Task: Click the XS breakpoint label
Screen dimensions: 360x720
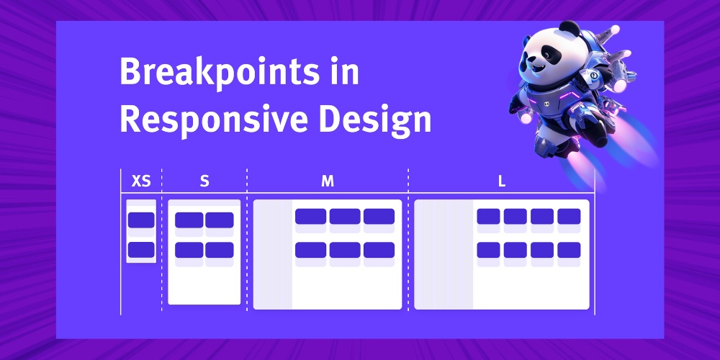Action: (x=142, y=181)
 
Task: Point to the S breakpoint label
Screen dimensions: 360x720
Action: (x=204, y=181)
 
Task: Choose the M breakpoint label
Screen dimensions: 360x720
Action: (x=328, y=181)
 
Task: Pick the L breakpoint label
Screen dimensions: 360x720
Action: (x=502, y=181)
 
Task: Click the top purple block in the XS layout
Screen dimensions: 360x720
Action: (x=141, y=220)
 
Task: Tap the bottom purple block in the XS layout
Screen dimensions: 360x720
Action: (x=141, y=250)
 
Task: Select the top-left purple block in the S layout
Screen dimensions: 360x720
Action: (x=189, y=220)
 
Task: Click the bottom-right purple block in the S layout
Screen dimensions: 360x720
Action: (x=220, y=250)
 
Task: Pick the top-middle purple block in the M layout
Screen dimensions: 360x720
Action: (x=345, y=216)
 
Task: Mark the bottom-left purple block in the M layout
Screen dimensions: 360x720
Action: (x=310, y=250)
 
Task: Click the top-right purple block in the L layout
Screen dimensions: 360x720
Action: (x=569, y=216)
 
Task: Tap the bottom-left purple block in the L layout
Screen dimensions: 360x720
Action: (x=488, y=250)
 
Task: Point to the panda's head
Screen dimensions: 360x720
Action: (x=552, y=54)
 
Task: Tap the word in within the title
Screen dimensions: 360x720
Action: (x=346, y=74)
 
